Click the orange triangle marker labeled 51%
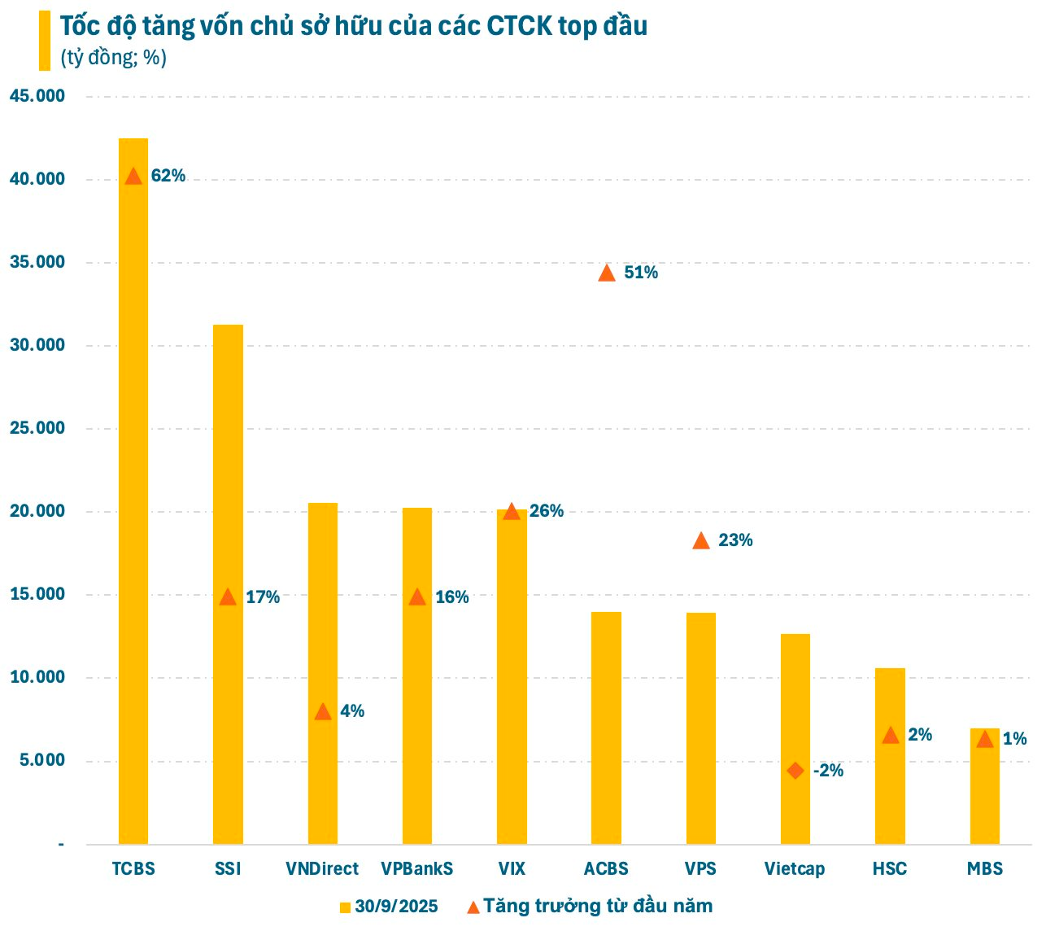[607, 273]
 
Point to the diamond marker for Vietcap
[795, 771]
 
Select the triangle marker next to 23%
[701, 540]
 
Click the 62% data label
[168, 176]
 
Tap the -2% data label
[828, 771]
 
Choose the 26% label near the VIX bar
[546, 511]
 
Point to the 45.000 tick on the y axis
[37, 96]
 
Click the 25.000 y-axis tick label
[37, 428]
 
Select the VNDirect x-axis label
[322, 869]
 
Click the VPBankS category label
[416, 869]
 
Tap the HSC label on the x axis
[890, 869]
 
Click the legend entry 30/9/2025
[389, 907]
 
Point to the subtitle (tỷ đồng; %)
[113, 58]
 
